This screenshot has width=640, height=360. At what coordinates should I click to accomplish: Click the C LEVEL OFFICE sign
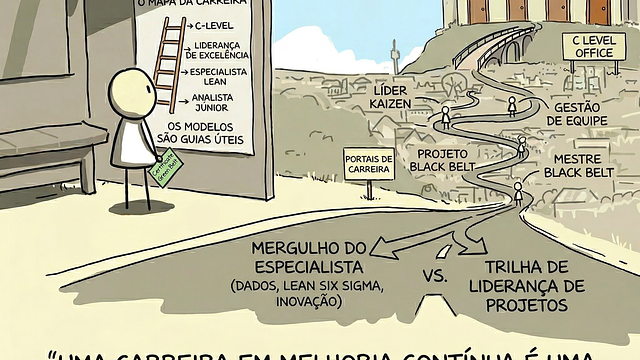click(591, 45)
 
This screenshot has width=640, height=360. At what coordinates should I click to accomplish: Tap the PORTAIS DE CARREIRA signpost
click(368, 164)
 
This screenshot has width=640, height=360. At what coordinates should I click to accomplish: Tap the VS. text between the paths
click(435, 276)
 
